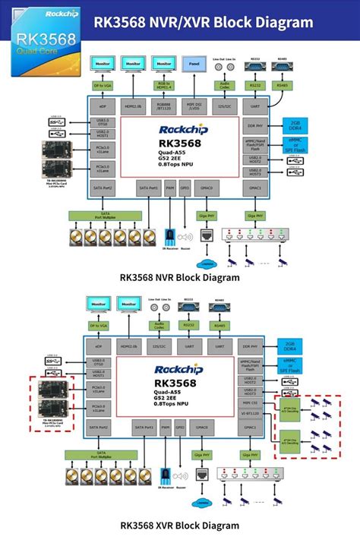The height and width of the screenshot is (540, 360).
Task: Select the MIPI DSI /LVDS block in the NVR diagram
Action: [194, 107]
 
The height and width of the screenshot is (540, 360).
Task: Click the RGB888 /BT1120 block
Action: [163, 107]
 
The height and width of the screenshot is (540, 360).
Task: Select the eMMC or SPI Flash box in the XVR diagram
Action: [294, 365]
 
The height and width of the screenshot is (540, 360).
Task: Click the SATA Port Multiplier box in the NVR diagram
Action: [106, 216]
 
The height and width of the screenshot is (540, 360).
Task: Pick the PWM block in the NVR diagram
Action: [169, 186]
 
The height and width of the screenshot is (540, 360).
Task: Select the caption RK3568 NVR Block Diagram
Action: [179, 278]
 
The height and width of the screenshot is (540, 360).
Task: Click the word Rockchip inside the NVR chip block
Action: [179, 128]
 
